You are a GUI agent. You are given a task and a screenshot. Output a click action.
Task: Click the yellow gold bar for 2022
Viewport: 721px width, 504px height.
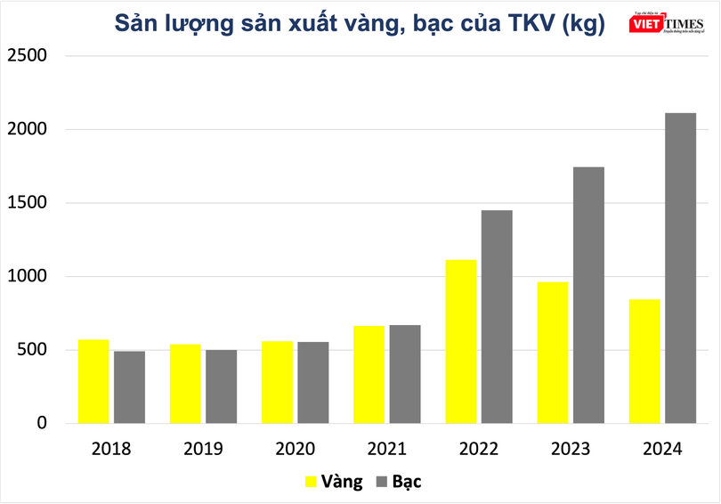(461, 341)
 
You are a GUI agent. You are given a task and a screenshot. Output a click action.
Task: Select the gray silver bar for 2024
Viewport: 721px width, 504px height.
(680, 267)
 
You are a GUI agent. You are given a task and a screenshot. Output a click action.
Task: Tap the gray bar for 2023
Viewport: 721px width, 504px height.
(588, 295)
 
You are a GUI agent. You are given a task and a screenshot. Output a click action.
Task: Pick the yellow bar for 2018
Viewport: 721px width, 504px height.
(93, 381)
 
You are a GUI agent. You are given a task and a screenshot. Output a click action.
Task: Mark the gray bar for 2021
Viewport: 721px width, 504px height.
(405, 374)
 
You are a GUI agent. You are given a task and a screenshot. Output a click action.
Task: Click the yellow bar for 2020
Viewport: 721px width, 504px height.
(277, 382)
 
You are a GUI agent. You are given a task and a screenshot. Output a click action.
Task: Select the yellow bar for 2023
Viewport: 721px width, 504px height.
(553, 352)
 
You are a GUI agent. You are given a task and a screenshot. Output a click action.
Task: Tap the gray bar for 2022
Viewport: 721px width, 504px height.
(497, 316)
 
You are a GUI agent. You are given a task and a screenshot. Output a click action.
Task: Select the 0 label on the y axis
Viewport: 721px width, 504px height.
(40, 424)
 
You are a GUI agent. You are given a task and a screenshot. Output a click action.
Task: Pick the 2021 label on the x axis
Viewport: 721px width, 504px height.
(386, 449)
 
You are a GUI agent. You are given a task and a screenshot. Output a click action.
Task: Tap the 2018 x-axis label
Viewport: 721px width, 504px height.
(110, 449)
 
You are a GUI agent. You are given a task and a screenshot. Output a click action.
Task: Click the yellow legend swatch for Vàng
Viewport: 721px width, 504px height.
(311, 482)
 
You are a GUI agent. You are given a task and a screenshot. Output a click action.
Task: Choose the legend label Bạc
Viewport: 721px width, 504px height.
(406, 482)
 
